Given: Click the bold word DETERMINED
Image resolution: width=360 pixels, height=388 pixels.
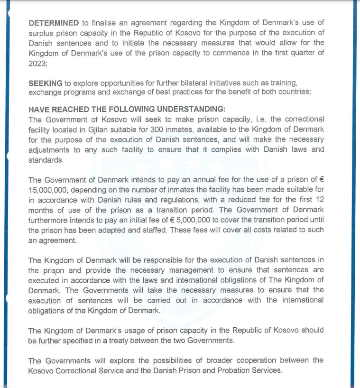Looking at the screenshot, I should point(54,23).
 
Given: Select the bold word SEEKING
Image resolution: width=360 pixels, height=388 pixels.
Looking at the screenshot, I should point(45,83).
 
